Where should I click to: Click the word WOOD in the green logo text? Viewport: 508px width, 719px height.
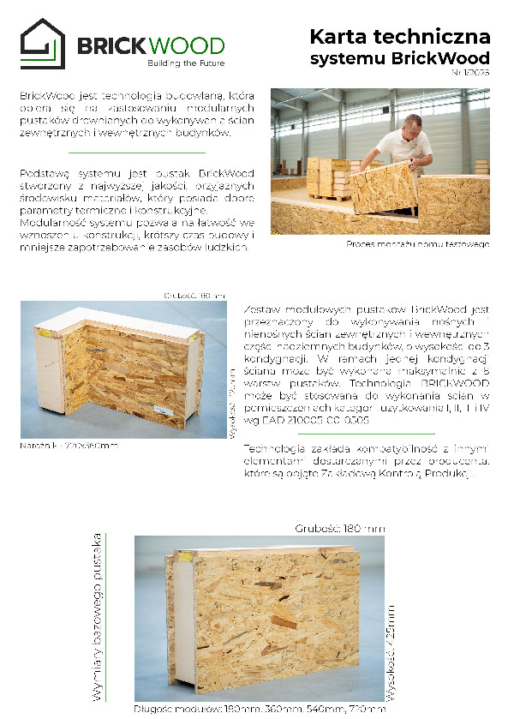coord(188,46)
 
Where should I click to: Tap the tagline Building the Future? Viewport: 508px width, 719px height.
coord(186,64)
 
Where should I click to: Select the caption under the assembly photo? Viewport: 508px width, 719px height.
coord(417,244)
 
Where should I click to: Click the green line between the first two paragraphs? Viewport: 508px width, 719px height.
coord(136,153)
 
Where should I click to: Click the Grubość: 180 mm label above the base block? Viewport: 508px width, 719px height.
coord(339,528)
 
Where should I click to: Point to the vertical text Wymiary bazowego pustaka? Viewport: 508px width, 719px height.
coord(97,617)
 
